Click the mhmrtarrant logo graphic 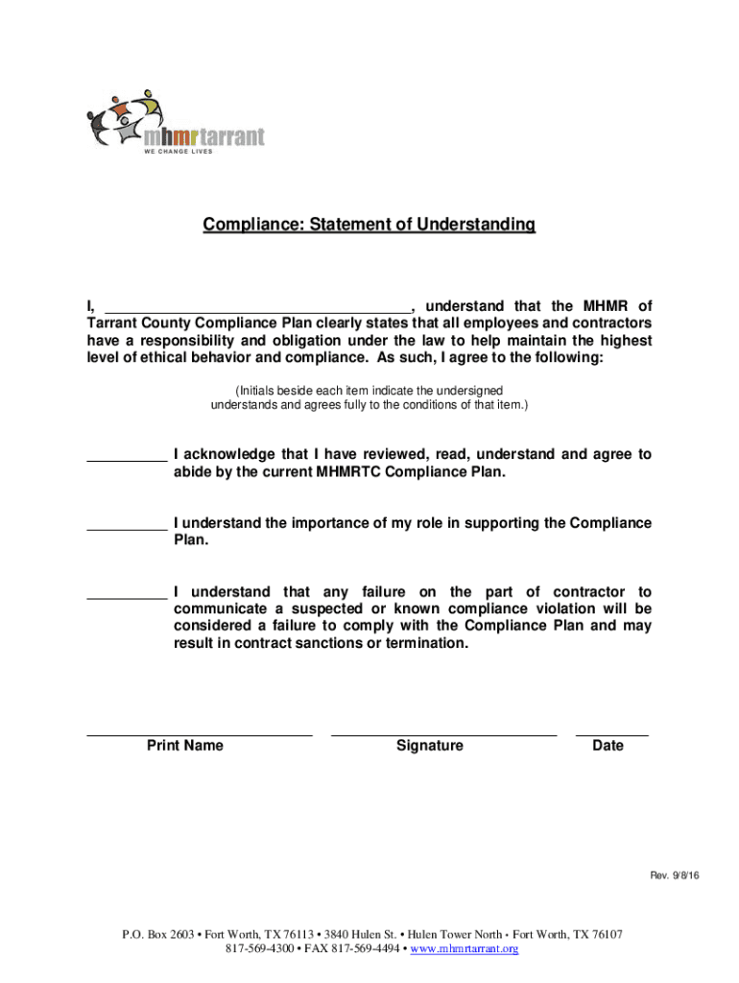(176, 120)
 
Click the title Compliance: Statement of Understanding (369, 225)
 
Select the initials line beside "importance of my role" (127, 528)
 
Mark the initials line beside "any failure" (127, 597)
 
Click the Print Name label (185, 746)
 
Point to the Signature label (429, 746)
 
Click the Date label (608, 746)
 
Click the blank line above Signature (443, 734)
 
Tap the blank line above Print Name (200, 734)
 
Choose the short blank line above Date (611, 734)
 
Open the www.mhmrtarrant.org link (466, 949)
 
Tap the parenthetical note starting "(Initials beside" (369, 397)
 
